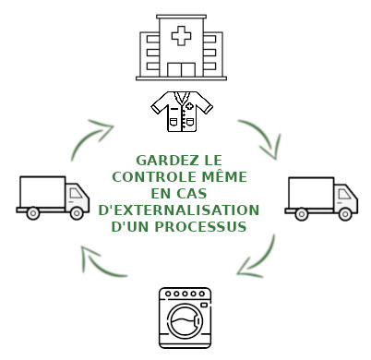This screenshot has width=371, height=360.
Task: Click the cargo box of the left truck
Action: pos(41,192)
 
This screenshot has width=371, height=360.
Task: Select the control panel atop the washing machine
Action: pos(187,295)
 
